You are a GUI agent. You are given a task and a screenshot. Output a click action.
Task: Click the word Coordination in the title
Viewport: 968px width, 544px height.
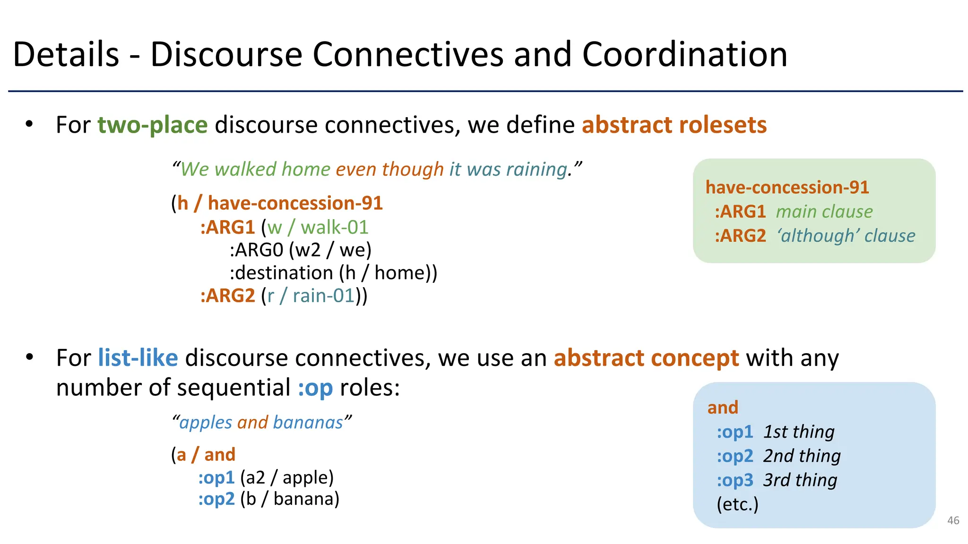click(684, 55)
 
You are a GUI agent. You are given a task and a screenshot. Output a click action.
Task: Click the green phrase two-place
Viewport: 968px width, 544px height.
click(152, 125)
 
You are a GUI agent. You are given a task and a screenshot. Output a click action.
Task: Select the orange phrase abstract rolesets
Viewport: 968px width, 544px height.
click(674, 125)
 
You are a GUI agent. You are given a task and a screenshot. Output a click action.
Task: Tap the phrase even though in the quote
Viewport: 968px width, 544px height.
click(389, 169)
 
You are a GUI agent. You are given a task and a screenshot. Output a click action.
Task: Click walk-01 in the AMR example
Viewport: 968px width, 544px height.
click(334, 228)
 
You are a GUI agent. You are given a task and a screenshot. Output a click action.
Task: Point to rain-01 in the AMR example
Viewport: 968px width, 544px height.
click(323, 296)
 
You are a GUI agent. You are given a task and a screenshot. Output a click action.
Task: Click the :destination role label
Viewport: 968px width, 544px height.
click(281, 273)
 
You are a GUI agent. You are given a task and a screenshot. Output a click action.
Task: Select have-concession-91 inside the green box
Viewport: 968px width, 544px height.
click(787, 187)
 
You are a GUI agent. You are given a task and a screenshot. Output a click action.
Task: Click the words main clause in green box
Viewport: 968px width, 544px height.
click(824, 212)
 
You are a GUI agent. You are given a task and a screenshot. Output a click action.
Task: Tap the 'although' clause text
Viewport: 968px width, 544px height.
click(846, 236)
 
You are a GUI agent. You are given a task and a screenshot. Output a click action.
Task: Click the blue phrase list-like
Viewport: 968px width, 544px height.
click(138, 358)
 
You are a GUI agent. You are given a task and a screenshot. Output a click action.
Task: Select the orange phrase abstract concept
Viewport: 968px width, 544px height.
click(646, 358)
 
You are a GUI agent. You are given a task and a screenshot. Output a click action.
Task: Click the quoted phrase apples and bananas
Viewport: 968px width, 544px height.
click(261, 422)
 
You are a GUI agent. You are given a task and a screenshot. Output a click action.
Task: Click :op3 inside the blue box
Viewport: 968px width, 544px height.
click(735, 480)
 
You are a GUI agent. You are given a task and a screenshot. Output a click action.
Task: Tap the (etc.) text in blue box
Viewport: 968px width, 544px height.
click(737, 504)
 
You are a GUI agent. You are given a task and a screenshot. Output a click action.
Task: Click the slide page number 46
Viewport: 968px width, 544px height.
click(953, 520)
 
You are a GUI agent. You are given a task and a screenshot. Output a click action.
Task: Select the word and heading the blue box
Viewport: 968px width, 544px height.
click(722, 408)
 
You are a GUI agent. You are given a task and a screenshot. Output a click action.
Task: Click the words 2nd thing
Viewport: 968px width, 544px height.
click(802, 456)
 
